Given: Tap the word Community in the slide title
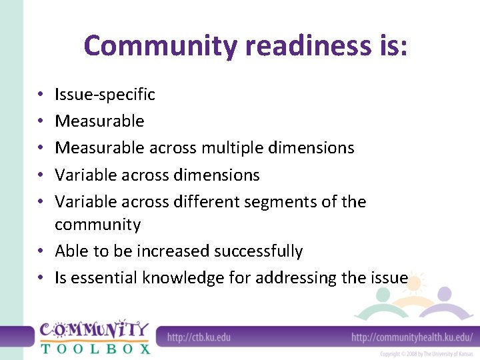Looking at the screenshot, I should click(160, 46).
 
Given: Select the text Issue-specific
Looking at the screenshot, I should click(105, 95).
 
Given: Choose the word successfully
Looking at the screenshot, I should click(259, 251).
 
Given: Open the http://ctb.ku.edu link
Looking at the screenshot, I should click(199, 337).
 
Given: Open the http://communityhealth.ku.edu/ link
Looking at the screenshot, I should click(412, 337).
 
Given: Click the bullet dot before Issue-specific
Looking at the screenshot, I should click(41, 95).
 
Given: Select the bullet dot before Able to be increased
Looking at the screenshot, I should click(41, 251).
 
